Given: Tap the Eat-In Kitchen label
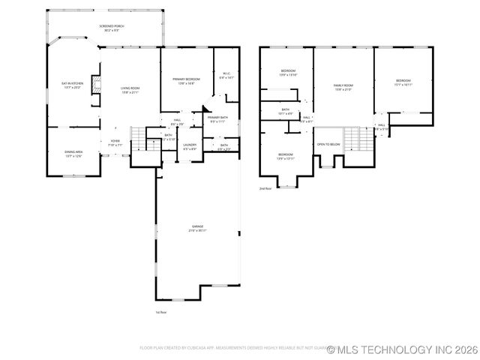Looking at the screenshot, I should click(x=73, y=85).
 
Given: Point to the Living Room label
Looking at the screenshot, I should click(x=130, y=90).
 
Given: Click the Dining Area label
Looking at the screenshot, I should click(x=73, y=153).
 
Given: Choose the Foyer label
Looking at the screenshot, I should click(x=115, y=142).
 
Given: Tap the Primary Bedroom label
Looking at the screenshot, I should click(x=186, y=80).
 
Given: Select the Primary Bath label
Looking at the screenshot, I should click(x=217, y=119).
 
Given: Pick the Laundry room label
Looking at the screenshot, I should click(x=190, y=146).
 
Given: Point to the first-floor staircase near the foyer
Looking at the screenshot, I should click(x=138, y=139).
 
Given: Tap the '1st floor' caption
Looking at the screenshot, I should click(x=160, y=312).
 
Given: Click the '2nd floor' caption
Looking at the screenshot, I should click(x=265, y=188).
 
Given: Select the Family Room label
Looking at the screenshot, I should click(x=343, y=87).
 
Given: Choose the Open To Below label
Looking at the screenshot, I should click(x=328, y=144).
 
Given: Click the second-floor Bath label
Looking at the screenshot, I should click(x=286, y=111).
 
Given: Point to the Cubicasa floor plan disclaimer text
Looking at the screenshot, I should click(x=232, y=348).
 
